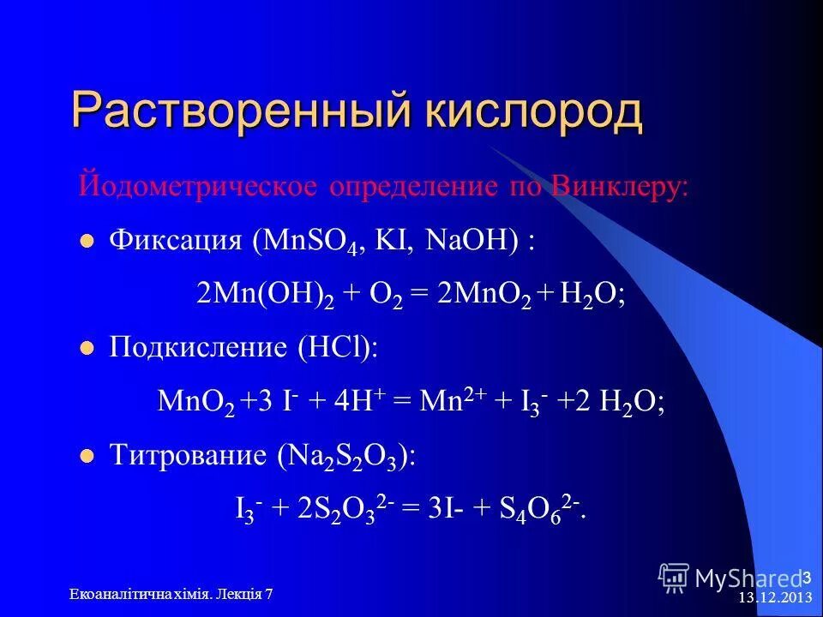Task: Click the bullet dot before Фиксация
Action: [x=86, y=243]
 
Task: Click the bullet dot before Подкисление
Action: [x=86, y=349]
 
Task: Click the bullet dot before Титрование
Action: [x=86, y=457]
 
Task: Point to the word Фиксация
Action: [x=176, y=241]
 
